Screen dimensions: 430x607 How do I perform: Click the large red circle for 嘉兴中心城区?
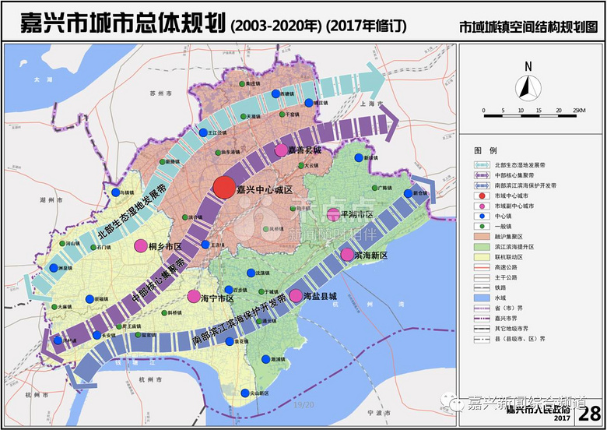click(x=224, y=188)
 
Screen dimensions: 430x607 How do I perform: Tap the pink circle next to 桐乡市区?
click(x=141, y=246)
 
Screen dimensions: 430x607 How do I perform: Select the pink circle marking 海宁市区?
click(x=195, y=296)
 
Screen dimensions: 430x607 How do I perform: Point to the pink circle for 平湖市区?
click(x=332, y=214)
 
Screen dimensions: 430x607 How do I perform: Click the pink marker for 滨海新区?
click(x=347, y=255)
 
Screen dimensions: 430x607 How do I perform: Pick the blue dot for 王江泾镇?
click(x=203, y=133)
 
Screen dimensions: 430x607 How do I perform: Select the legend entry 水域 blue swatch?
click(x=480, y=298)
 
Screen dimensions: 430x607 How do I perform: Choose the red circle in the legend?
click(x=480, y=196)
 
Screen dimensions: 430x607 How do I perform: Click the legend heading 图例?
click(x=485, y=149)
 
